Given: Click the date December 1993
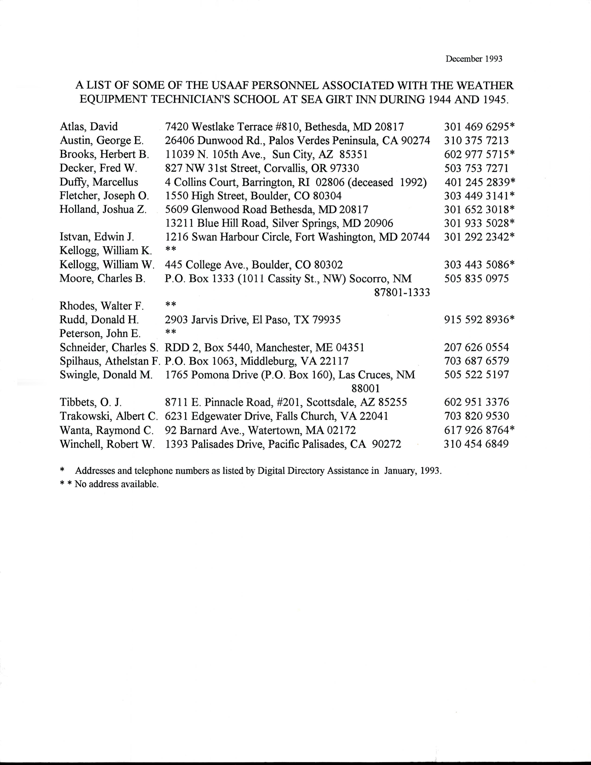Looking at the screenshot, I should [x=474, y=59].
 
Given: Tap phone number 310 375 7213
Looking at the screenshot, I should [x=476, y=140].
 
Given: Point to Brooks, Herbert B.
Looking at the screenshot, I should [x=104, y=154].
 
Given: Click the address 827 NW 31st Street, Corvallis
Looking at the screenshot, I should [x=262, y=168].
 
